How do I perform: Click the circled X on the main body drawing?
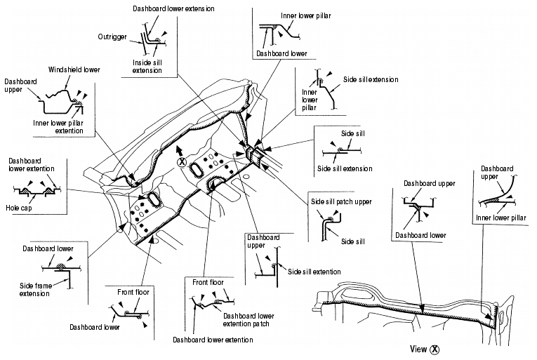point(182,161)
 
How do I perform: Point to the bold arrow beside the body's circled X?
point(180,149)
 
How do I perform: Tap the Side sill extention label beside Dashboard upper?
point(314,272)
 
